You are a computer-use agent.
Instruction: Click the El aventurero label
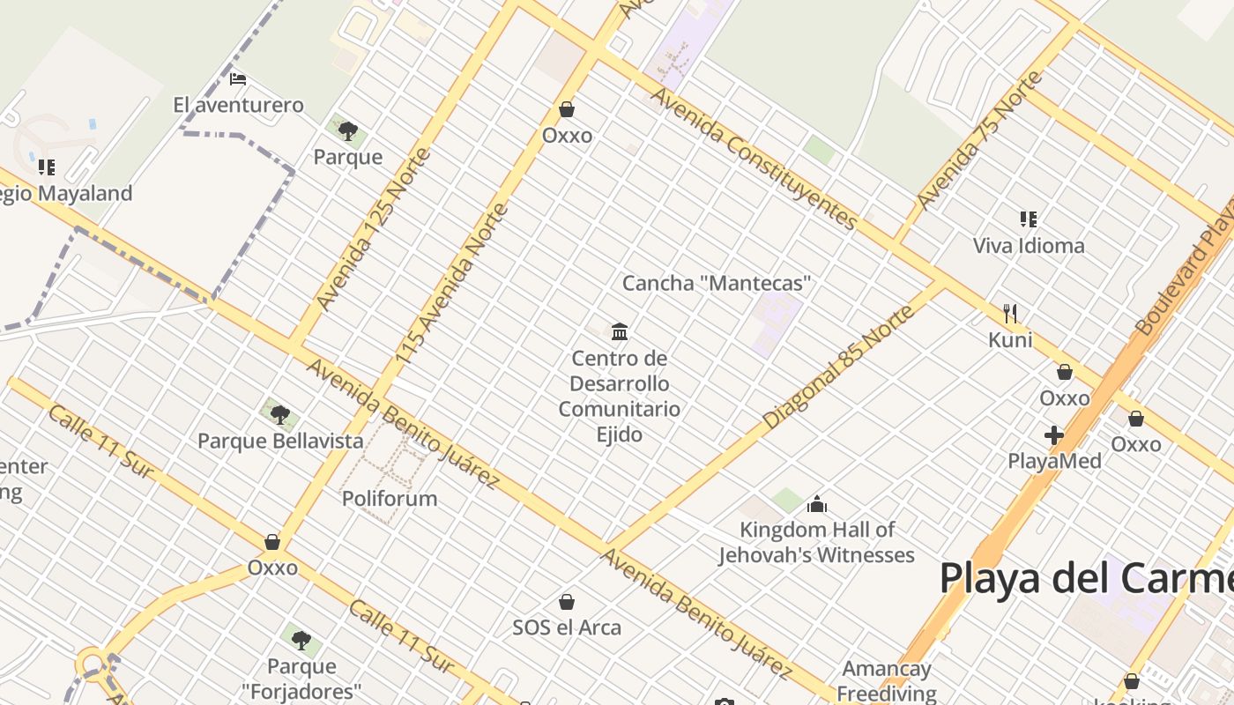(238, 106)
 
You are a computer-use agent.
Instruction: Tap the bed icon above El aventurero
(238, 79)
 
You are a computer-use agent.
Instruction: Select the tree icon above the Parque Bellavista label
(280, 414)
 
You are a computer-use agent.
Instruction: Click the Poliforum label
(390, 499)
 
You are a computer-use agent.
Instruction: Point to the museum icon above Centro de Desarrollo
(620, 332)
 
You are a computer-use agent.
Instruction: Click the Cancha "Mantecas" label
(717, 284)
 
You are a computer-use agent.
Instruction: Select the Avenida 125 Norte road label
(374, 229)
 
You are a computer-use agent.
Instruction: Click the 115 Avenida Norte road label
(453, 284)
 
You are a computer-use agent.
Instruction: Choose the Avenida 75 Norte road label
(979, 141)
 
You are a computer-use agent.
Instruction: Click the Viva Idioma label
(1029, 246)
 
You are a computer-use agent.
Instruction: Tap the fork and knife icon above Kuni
(1010, 313)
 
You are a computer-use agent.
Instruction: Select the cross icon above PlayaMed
(1054, 435)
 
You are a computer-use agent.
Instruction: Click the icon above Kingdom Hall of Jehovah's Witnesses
(817, 504)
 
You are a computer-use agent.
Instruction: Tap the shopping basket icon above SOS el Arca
(567, 603)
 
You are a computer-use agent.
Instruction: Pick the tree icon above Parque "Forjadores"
(301, 639)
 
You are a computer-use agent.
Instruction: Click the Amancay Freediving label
(887, 681)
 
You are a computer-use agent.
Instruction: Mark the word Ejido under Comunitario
(620, 434)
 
